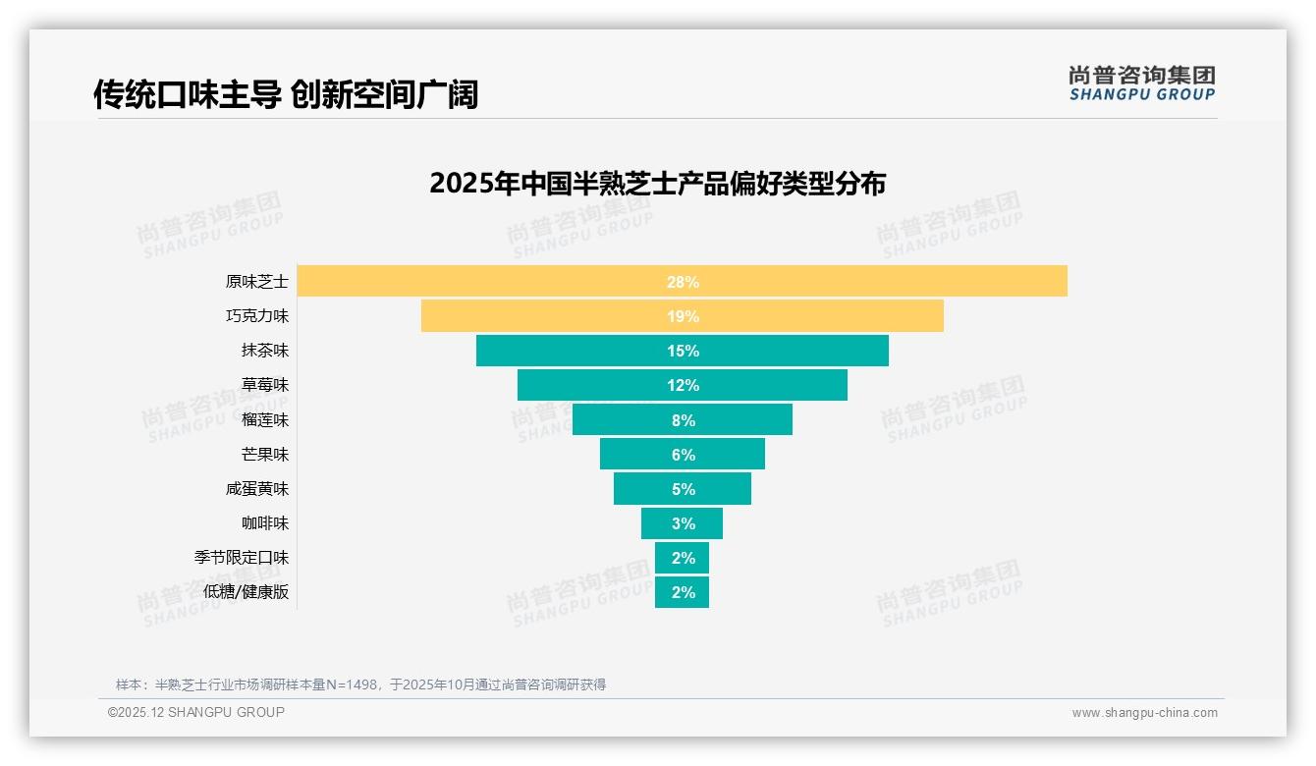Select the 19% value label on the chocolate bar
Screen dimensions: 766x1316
tap(683, 316)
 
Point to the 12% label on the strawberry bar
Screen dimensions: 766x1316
tap(683, 385)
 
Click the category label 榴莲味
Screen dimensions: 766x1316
tap(265, 419)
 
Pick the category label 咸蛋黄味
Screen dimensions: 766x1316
tap(257, 488)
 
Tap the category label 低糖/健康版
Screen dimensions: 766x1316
tap(247, 592)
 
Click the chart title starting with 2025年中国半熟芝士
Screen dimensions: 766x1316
tap(657, 184)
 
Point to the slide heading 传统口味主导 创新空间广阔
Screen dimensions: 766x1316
tap(286, 94)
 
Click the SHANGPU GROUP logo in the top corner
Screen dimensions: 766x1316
tap(1141, 83)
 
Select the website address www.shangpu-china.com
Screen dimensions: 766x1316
tap(1144, 713)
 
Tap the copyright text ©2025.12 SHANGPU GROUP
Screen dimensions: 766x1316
tap(196, 712)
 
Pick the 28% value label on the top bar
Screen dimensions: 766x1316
tap(683, 282)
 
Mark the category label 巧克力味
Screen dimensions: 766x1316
tap(257, 316)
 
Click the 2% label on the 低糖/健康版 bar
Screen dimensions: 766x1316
tap(683, 592)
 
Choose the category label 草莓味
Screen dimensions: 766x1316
tap(265, 385)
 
